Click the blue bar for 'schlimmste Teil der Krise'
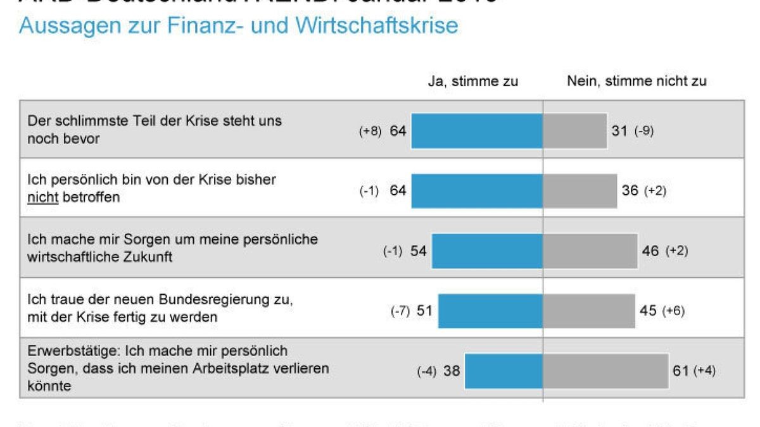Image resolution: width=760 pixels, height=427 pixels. [x=477, y=131]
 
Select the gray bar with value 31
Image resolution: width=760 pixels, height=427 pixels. [x=575, y=131]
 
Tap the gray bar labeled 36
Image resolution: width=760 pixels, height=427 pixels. [x=580, y=190]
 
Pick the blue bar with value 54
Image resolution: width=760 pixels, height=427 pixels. [x=487, y=251]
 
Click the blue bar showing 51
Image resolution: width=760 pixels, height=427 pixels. [x=490, y=311]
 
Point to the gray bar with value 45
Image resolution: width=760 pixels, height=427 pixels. [x=589, y=311]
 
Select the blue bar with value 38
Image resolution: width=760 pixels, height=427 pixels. [x=503, y=371]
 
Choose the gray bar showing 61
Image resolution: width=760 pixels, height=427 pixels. [x=605, y=371]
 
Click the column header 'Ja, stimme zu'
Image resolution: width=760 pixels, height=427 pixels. [x=473, y=81]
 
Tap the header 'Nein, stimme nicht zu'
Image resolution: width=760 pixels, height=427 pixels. [x=636, y=81]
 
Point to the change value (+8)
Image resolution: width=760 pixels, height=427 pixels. [x=370, y=131]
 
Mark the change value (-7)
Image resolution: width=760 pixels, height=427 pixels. [x=400, y=311]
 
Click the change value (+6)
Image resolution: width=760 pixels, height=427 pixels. [x=673, y=311]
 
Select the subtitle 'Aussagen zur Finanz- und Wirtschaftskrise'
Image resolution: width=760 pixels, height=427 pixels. [x=239, y=26]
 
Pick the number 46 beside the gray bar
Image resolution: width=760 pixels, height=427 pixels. [x=650, y=251]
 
